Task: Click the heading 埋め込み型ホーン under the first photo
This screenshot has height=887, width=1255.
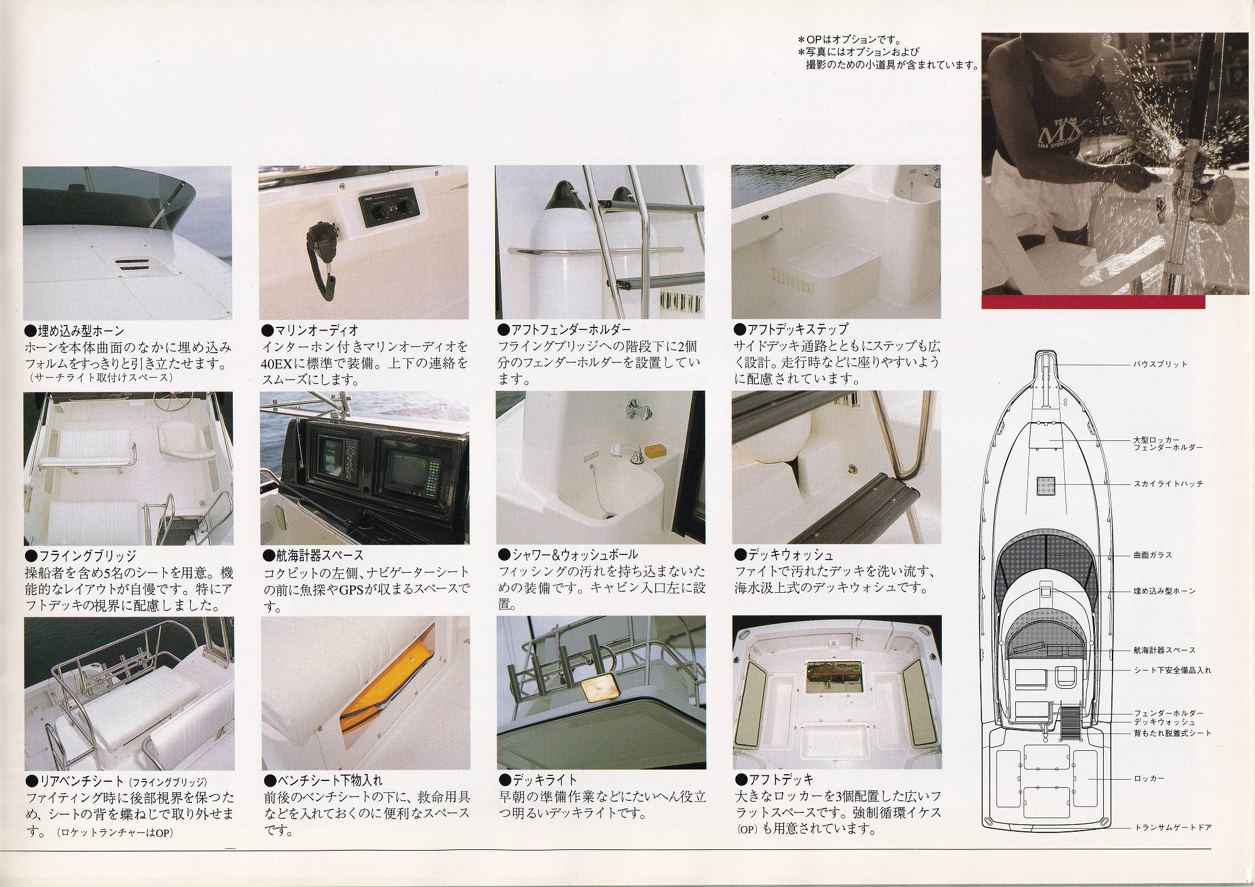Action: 74,331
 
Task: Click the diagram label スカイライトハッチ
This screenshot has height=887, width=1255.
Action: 1168,484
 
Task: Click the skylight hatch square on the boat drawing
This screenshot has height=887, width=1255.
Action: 1046,485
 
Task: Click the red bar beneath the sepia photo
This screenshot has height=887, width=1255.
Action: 1092,302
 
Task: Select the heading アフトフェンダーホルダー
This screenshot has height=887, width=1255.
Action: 564,329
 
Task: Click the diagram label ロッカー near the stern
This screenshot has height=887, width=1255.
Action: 1149,778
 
